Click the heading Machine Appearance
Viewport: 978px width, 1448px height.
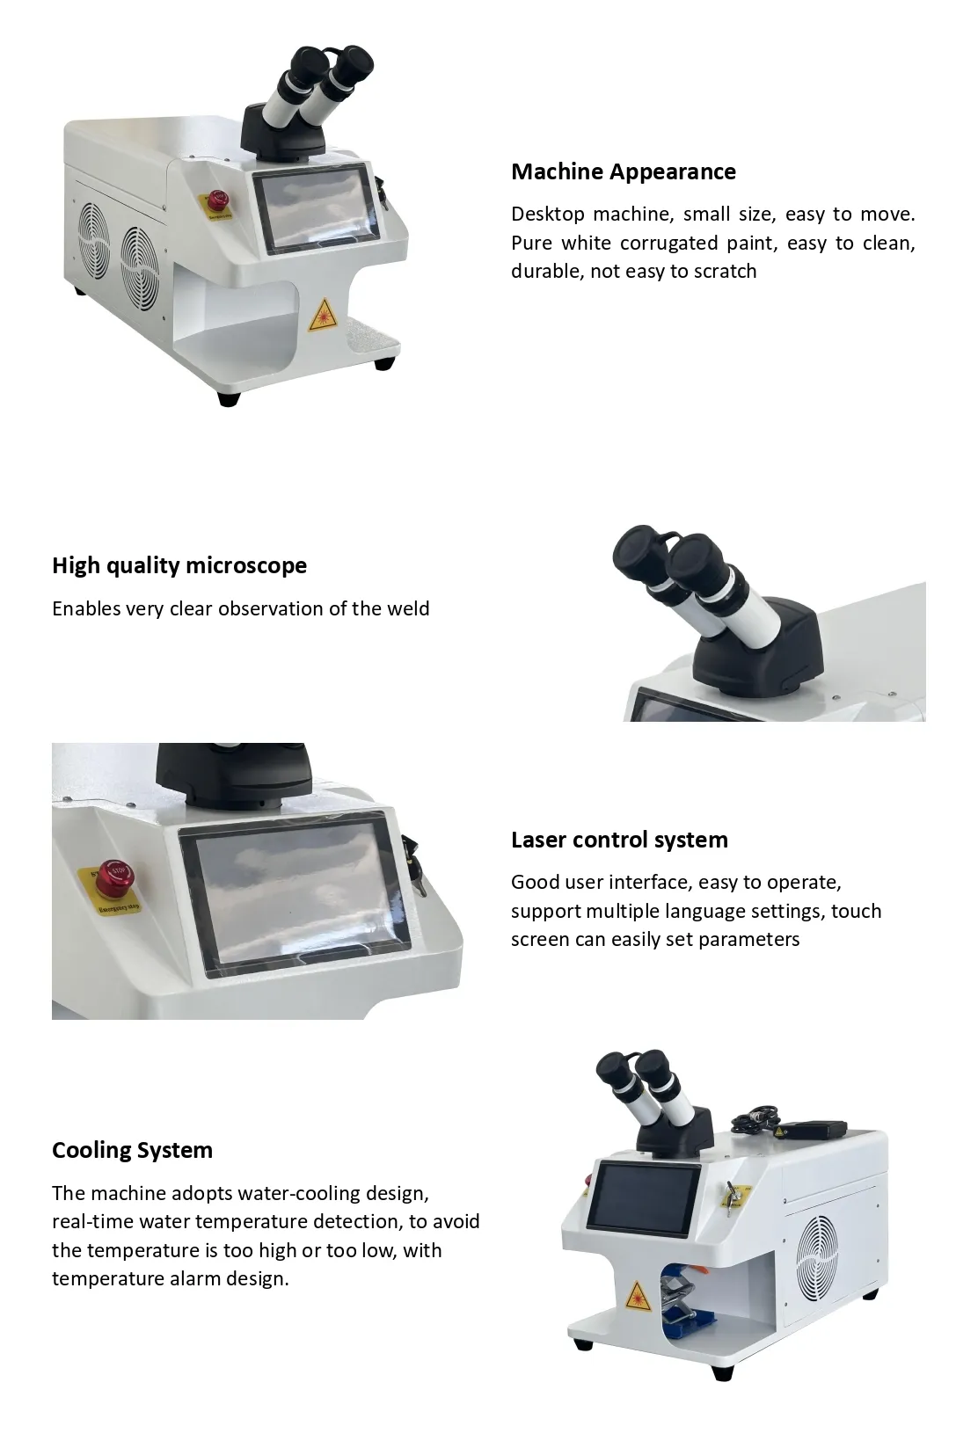623,171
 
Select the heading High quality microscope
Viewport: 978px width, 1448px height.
179,565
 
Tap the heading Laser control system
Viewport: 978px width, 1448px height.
619,840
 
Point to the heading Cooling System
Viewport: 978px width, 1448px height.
132,1150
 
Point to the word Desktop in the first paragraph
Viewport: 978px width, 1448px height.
546,215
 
